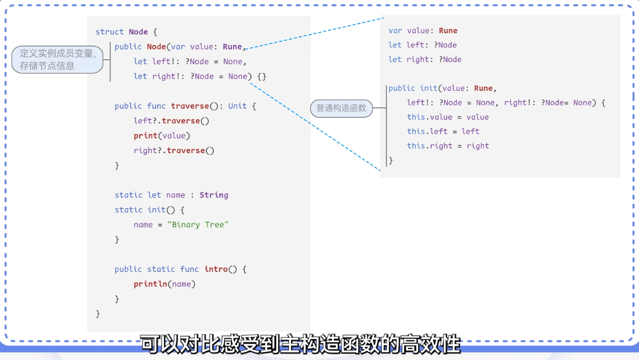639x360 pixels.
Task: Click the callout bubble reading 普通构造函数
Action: pos(342,108)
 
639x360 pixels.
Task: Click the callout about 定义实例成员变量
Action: pos(57,60)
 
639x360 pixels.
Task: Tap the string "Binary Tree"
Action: pos(198,224)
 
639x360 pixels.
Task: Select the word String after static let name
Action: pos(214,195)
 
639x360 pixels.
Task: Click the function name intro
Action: pos(216,269)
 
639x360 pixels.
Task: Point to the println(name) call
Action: pos(164,284)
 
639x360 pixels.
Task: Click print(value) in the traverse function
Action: pos(162,136)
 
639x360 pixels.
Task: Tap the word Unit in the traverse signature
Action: pos(237,106)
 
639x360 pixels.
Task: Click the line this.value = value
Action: pos(447,117)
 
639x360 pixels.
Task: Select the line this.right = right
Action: pos(447,146)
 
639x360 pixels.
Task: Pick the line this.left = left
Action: pos(443,131)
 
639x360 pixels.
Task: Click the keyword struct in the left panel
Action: pos(109,32)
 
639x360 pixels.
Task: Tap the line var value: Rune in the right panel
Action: pos(423,31)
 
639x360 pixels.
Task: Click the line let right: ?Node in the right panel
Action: pos(425,60)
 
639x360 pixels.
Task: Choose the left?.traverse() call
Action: pos(172,121)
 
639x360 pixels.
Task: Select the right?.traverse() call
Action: pos(174,150)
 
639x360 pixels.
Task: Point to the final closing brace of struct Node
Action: pos(98,314)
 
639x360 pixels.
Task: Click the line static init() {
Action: pos(149,210)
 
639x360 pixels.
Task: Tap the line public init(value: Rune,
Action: pos(442,88)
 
